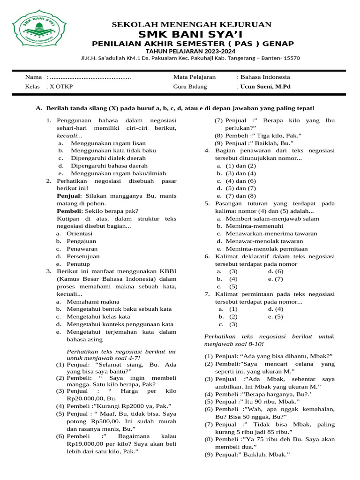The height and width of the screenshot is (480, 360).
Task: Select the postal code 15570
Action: coord(291,58)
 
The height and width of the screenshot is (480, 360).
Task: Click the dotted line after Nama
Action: coord(90,77)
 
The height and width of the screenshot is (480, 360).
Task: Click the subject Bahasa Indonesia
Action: coord(265,77)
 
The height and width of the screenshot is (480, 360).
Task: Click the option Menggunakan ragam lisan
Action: coord(108,143)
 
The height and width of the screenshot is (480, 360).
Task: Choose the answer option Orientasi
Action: coord(80,233)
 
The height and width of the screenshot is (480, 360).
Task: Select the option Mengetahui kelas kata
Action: coord(98,316)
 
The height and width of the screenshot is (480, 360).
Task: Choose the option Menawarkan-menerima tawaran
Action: coord(271,233)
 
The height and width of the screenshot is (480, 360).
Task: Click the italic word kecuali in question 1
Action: coord(68,135)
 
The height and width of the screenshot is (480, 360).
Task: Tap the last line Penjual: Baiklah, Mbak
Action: coord(253,455)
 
